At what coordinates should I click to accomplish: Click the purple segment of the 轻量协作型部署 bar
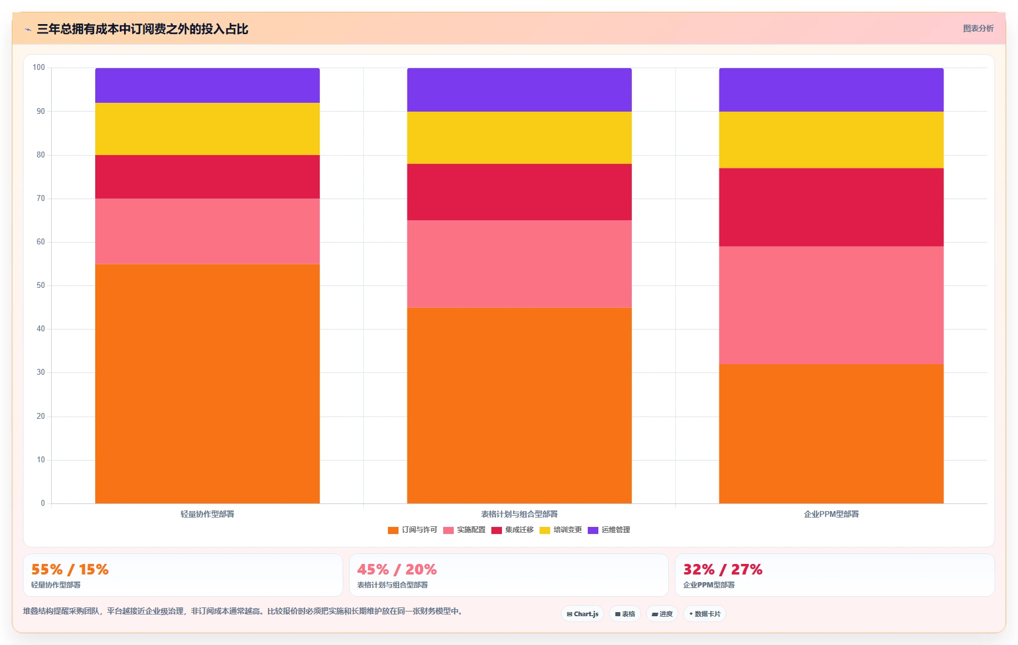tap(207, 86)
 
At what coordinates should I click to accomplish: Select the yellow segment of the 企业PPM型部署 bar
tap(831, 140)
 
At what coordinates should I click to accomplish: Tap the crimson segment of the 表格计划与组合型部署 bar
tap(519, 192)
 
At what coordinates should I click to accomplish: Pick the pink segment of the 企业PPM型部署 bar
tap(831, 305)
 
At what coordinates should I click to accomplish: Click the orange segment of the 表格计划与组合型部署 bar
tap(519, 405)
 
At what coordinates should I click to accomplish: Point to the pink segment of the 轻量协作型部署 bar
tap(207, 231)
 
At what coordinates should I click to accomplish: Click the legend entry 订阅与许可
tap(413, 530)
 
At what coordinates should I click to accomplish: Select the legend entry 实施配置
tap(464, 530)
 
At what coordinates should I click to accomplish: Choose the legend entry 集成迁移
tap(513, 530)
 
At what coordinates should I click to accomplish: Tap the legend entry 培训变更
tap(561, 530)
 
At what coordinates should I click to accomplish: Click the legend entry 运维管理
tap(609, 530)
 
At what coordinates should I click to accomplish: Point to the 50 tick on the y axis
tap(41, 285)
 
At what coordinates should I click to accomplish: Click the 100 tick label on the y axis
tap(39, 68)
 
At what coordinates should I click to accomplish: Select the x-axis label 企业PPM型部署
tap(831, 514)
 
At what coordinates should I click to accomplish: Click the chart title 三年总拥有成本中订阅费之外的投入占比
tap(142, 29)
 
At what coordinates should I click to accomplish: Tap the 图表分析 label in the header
tap(978, 28)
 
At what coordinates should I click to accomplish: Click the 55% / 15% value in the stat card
tap(70, 569)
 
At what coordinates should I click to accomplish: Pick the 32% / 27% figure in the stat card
tap(722, 569)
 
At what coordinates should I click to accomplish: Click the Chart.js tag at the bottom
tap(582, 614)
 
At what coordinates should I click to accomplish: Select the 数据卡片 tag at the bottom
tap(705, 614)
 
